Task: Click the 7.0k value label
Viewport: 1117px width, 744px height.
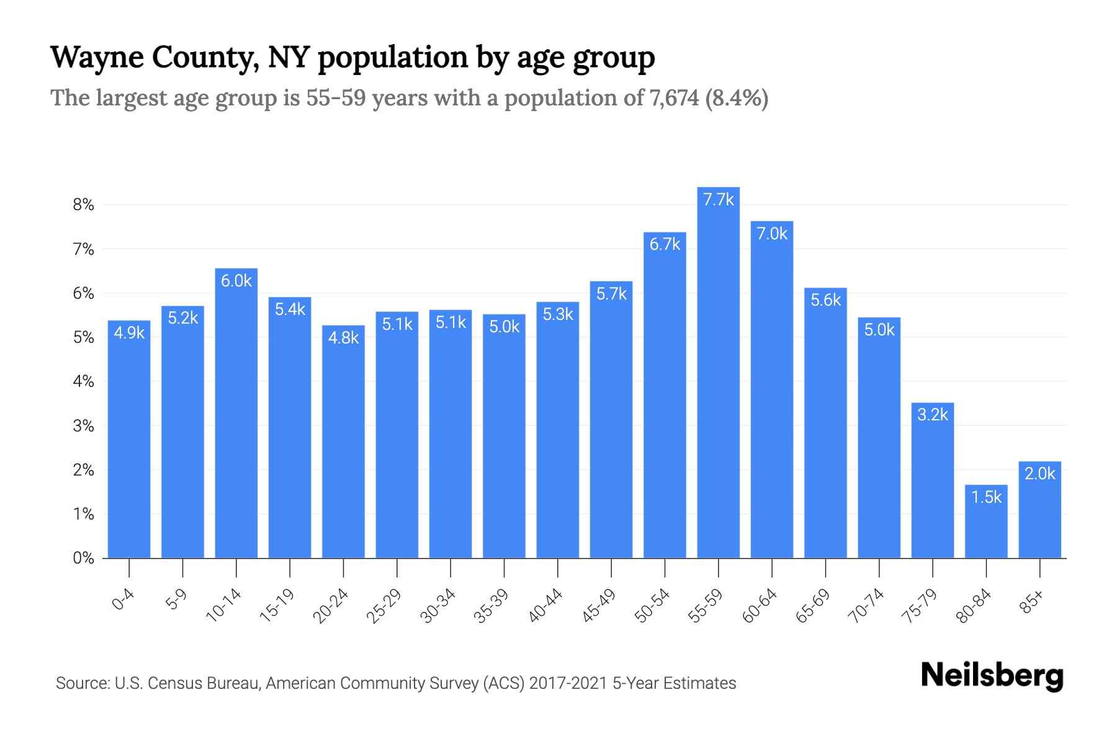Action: point(772,234)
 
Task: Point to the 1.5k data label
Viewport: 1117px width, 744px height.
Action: point(986,497)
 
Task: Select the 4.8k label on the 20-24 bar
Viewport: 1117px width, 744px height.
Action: point(343,338)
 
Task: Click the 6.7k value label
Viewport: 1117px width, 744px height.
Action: point(665,244)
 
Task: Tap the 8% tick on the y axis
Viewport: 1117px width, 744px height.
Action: point(83,205)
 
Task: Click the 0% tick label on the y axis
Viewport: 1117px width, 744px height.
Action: point(83,558)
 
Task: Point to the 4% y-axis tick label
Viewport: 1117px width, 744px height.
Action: point(83,382)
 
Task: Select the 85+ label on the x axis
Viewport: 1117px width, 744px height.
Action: point(1032,603)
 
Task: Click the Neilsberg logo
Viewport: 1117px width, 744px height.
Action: point(992,676)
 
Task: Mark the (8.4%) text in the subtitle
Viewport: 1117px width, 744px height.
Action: point(737,99)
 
